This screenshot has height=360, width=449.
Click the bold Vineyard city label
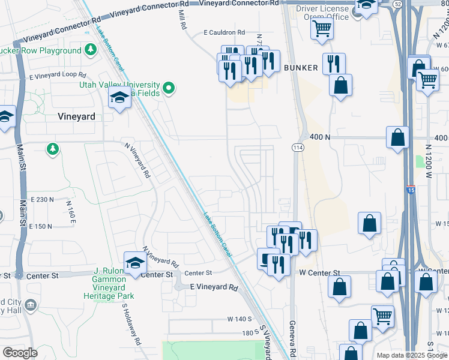pyautogui.click(x=76, y=116)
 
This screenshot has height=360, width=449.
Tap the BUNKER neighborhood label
pyautogui.click(x=301, y=68)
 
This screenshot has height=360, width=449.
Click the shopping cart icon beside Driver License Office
pyautogui.click(x=322, y=28)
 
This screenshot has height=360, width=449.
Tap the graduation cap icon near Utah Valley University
pyautogui.click(x=119, y=98)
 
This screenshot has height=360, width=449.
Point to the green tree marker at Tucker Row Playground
pyautogui.click(x=91, y=50)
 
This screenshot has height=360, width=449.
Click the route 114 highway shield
pyautogui.click(x=297, y=148)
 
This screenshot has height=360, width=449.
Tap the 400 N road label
pyautogui.click(x=320, y=137)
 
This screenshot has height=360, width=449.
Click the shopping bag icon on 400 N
pyautogui.click(x=397, y=137)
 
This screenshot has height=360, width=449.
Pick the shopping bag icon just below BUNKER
pyautogui.click(x=340, y=85)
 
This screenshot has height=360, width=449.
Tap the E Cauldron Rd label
pyautogui.click(x=224, y=32)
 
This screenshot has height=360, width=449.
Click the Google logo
pyautogui.click(x=20, y=352)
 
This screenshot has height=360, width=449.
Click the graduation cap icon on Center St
pyautogui.click(x=135, y=263)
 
